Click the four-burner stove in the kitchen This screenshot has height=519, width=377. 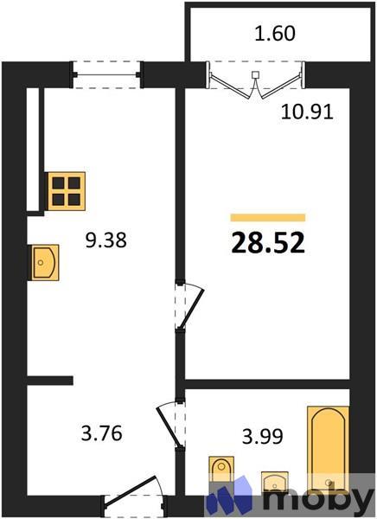(67, 189)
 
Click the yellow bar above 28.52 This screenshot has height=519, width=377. (267, 217)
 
